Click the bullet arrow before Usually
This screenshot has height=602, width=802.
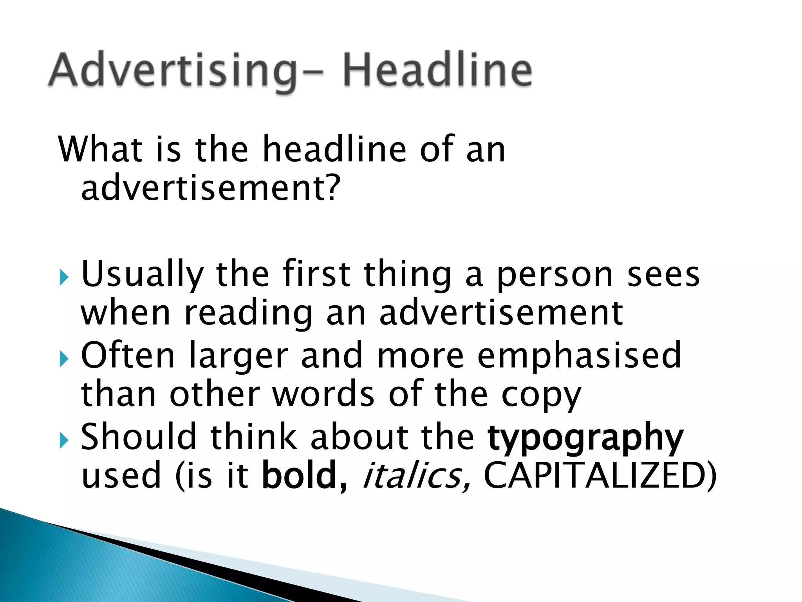63,279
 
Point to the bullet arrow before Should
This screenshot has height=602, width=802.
63,441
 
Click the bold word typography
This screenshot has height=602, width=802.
585,438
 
